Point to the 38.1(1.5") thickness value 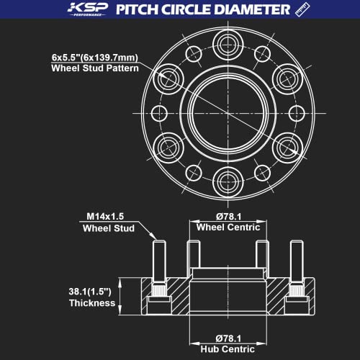coord(89,290)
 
